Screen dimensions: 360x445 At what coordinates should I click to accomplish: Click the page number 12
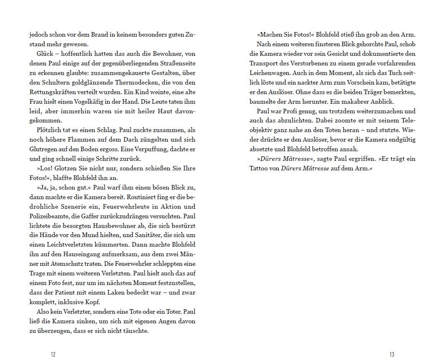[53, 354]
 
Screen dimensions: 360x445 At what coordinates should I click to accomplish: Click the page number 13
[392, 354]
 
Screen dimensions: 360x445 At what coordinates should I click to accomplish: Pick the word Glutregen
[42, 149]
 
